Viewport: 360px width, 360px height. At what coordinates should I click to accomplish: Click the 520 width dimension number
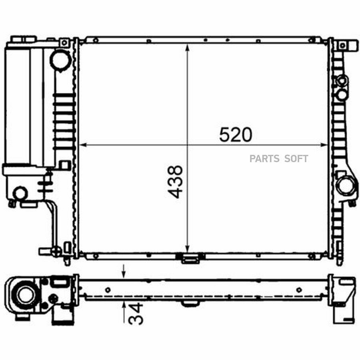[236, 135]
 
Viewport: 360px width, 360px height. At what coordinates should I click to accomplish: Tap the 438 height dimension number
[175, 182]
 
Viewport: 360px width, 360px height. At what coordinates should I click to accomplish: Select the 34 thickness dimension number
[136, 313]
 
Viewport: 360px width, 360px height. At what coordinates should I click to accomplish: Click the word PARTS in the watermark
[264, 159]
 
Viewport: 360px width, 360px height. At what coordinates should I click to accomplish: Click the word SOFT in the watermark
[296, 159]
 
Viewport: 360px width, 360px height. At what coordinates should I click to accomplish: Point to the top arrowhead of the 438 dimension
[187, 48]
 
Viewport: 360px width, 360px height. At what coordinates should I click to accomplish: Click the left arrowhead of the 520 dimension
[83, 145]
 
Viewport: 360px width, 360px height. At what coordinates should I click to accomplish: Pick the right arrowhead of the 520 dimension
[324, 145]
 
